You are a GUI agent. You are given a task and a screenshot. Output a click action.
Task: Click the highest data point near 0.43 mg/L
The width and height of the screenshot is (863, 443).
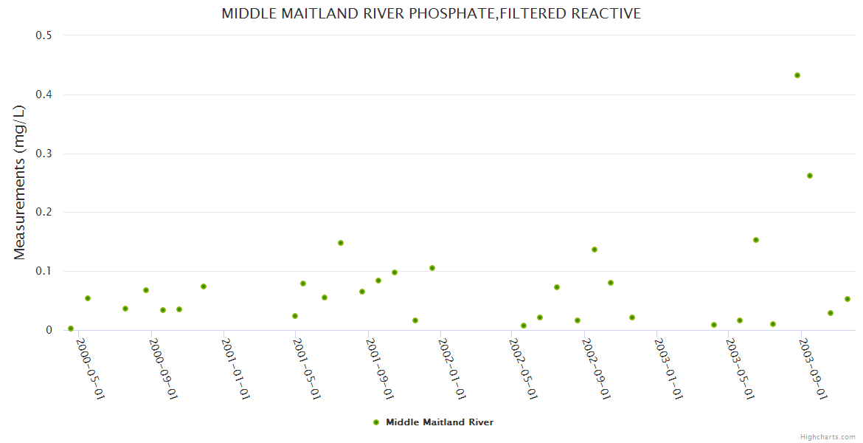click(797, 75)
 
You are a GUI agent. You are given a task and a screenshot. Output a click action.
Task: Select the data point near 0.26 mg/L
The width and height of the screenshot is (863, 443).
click(810, 176)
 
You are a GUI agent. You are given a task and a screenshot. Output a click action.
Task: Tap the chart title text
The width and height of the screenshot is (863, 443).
click(431, 14)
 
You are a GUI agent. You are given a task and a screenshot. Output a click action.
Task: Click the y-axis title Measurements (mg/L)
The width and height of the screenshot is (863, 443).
click(19, 182)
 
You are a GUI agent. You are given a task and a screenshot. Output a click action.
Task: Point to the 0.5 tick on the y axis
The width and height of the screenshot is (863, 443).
click(44, 35)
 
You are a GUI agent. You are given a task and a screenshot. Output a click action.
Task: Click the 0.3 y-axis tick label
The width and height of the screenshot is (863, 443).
click(44, 154)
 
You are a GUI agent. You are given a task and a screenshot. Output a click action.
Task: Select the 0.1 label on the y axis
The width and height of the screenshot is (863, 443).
click(44, 271)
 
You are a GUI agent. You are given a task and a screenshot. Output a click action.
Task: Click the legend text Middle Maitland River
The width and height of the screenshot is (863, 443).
click(440, 422)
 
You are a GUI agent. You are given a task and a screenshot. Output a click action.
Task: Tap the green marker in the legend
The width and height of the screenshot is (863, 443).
click(376, 422)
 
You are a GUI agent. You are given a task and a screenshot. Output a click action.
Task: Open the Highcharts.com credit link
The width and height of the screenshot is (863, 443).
click(828, 437)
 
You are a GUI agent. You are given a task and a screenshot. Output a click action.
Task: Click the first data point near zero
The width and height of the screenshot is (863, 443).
click(71, 329)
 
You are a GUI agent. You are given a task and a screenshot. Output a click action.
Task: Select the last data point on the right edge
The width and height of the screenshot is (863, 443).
click(848, 299)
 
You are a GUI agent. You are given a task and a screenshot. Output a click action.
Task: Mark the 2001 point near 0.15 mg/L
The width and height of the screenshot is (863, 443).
click(341, 243)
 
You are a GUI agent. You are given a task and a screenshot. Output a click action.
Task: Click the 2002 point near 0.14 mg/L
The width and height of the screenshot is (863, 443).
click(595, 250)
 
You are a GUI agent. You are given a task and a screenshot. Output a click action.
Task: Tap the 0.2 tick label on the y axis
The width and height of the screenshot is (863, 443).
click(44, 212)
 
